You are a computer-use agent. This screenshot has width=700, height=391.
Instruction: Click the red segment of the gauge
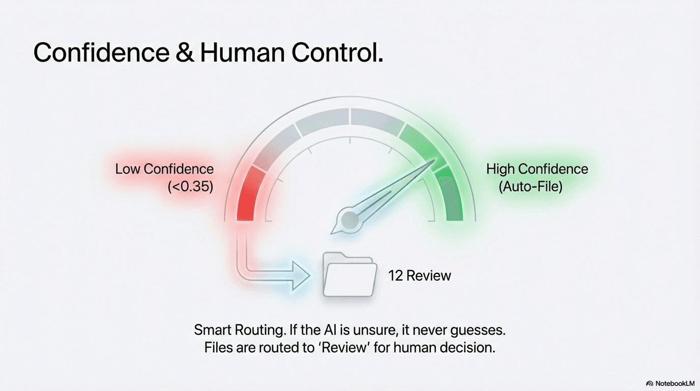point(250,196)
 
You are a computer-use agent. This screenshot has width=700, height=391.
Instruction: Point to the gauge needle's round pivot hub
point(350,219)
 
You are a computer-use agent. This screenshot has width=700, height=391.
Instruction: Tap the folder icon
point(349,275)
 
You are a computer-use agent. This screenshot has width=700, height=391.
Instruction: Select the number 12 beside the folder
point(396,276)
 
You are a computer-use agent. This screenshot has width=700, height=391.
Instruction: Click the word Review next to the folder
point(428,276)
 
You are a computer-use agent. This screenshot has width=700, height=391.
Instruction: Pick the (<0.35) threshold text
point(190,187)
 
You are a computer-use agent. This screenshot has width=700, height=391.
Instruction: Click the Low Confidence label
point(164,169)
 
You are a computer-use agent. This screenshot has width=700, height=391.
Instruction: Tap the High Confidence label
point(537,169)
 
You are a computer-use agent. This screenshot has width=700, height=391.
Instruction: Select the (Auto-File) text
point(531,187)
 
